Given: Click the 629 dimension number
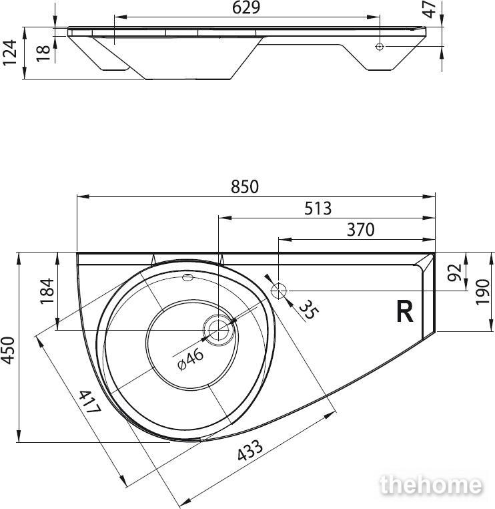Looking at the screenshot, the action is coord(246,8).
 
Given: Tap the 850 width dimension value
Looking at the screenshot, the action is coord(245,187).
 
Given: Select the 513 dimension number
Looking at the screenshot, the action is coord(318,208).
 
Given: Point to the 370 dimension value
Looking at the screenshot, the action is coord(360,230).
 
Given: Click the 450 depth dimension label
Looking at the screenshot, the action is coord(8,351).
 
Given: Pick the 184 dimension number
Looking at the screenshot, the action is coord(47,291).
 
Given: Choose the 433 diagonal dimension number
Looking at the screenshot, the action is coord(250,450).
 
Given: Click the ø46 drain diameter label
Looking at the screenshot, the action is coord(191,359).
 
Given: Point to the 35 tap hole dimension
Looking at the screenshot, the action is coord(309,310).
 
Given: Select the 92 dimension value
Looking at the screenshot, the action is coord(454,273).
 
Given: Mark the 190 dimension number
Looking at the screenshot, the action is coord(482,292).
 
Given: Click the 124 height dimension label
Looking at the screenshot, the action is coord(9,53).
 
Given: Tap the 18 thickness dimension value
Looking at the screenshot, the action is coord(43,53).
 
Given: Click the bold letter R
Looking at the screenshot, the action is coord(405,312).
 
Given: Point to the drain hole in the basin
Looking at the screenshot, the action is coord(218,330).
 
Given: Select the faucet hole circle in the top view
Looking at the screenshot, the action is coord(278,291).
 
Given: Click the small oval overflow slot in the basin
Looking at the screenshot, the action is coord(188,277).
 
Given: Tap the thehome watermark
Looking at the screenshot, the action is coord(431,485).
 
